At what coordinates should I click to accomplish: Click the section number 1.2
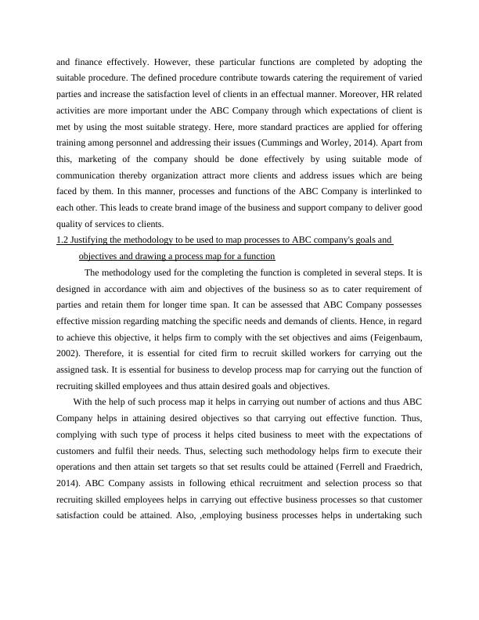coord(63,241)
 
